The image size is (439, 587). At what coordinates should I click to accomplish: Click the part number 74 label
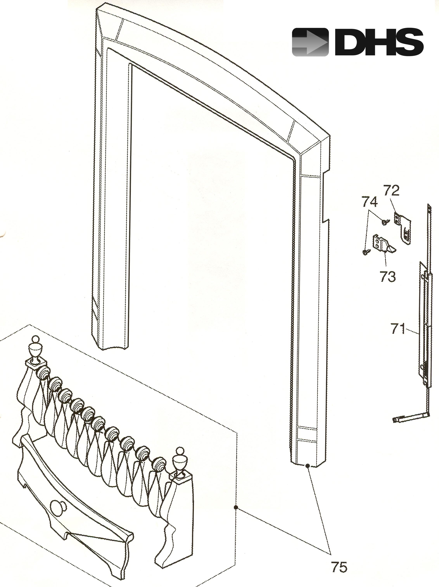point(370,202)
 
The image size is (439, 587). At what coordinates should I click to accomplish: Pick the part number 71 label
point(398,329)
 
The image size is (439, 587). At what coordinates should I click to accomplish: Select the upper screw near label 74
point(385,221)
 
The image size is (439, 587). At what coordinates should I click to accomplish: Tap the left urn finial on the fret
point(35,350)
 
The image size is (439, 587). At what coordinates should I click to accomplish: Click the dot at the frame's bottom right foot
point(308,465)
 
